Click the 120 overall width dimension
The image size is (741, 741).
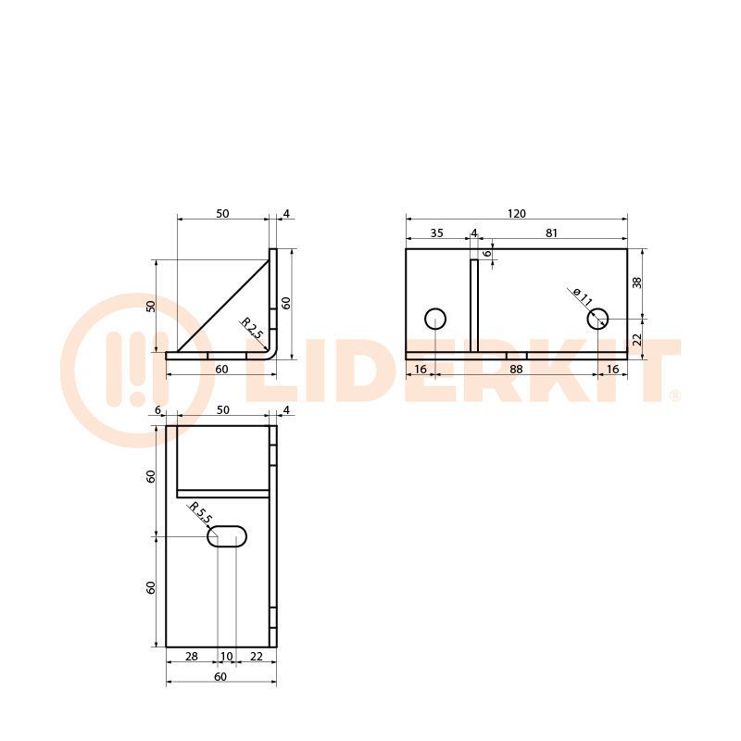pyautogui.click(x=517, y=214)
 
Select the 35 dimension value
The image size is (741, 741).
pyautogui.click(x=437, y=233)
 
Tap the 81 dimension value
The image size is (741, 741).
pyautogui.click(x=551, y=233)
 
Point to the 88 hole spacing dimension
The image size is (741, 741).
pyautogui.click(x=516, y=369)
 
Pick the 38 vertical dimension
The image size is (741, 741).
pyautogui.click(x=637, y=283)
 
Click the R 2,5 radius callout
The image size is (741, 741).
pyautogui.click(x=252, y=327)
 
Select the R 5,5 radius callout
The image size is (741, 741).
pyautogui.click(x=200, y=513)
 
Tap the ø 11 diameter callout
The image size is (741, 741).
pyautogui.click(x=583, y=296)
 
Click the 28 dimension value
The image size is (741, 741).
pyautogui.click(x=192, y=656)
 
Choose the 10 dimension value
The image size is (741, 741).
pyautogui.click(x=227, y=657)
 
